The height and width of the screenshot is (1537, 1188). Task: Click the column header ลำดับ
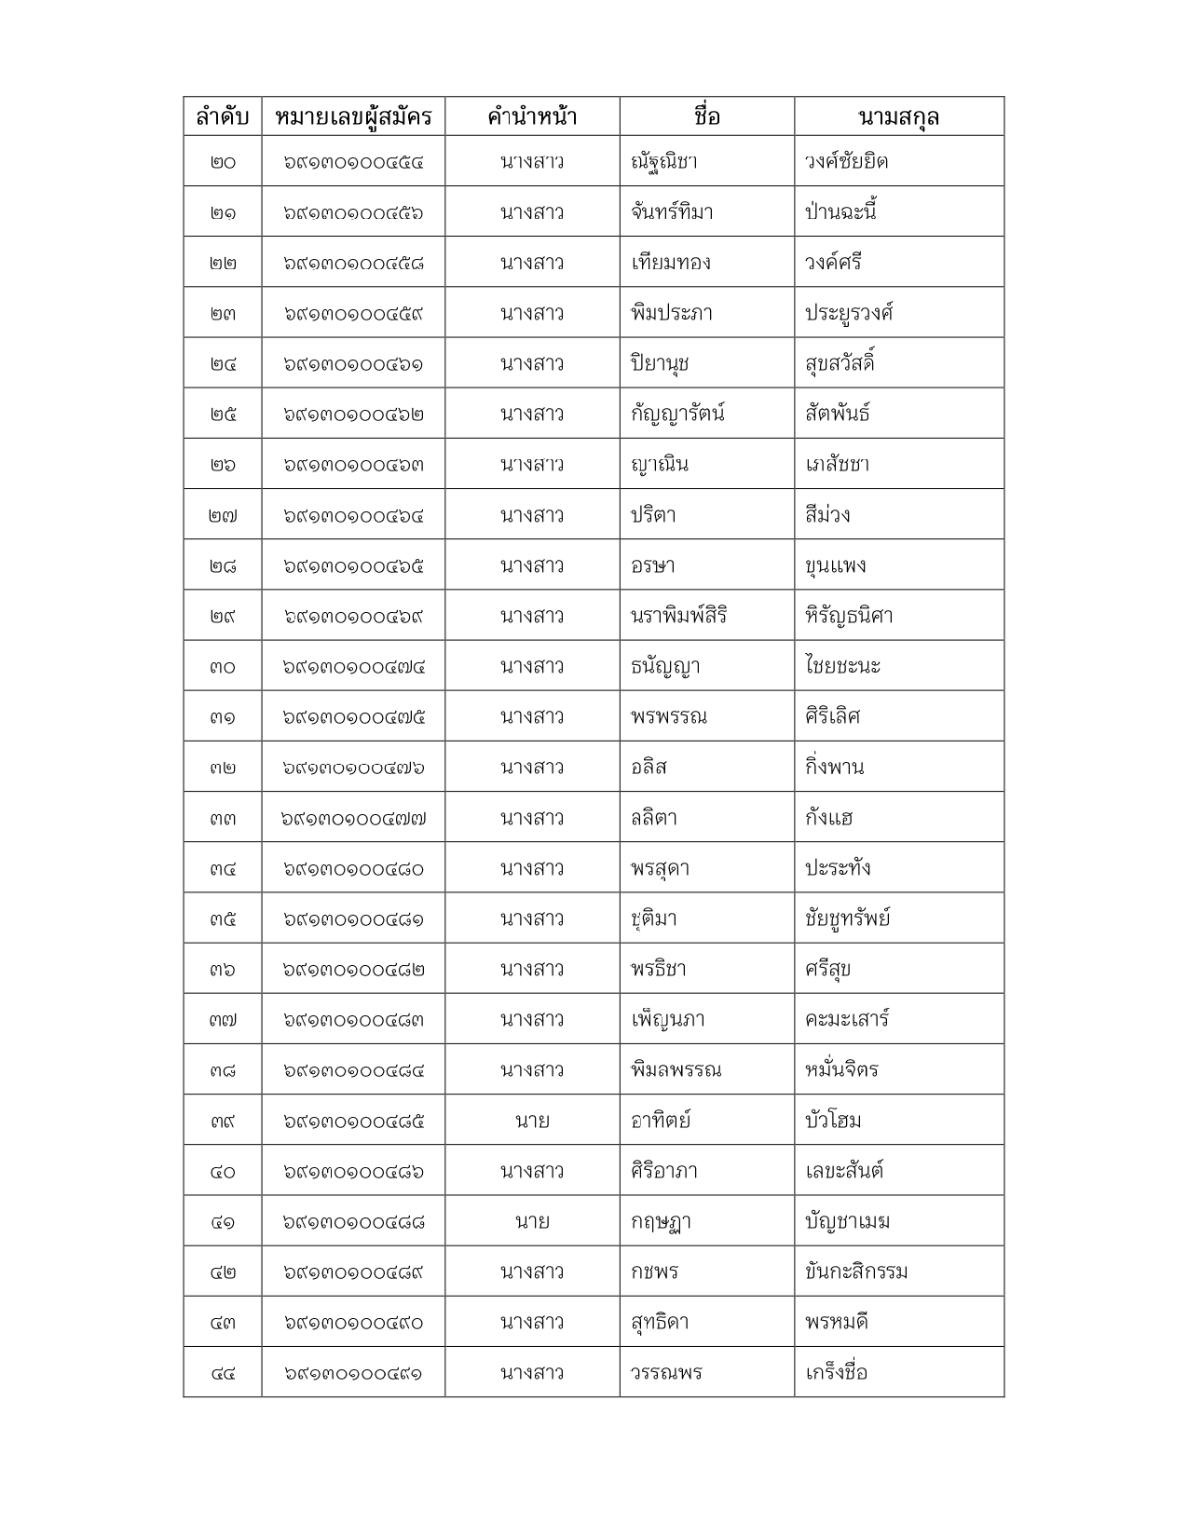tap(223, 117)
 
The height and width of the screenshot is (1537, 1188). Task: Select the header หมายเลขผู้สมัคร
tap(354, 117)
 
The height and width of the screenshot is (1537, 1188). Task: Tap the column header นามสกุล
tap(898, 117)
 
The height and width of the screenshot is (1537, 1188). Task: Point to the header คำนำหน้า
tap(532, 117)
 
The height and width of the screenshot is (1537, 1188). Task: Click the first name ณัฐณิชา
tap(664, 162)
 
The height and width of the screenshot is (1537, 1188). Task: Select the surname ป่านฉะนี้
tap(841, 212)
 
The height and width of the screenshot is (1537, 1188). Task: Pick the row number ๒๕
tap(223, 414)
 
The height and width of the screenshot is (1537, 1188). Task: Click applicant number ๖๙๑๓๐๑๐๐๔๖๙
tap(354, 616)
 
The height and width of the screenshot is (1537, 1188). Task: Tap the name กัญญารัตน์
tap(677, 414)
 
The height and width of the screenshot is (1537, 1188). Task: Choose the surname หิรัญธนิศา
tap(849, 616)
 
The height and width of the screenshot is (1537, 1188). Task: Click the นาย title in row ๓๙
tap(532, 1121)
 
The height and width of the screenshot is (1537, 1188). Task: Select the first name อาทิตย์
tap(661, 1121)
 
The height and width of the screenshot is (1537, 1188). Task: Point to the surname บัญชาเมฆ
tap(847, 1221)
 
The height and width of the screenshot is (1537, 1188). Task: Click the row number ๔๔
tap(223, 1373)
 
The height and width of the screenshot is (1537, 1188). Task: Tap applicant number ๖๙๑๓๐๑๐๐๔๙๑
tap(354, 1373)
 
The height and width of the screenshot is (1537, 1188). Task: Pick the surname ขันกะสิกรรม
tap(856, 1272)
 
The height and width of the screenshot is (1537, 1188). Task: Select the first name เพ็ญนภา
tap(667, 1020)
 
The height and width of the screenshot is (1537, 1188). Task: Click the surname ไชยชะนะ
tap(843, 666)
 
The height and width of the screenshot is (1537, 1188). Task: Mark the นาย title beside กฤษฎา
tap(532, 1221)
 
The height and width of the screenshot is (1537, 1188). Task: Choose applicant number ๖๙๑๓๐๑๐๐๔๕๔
tap(354, 162)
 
